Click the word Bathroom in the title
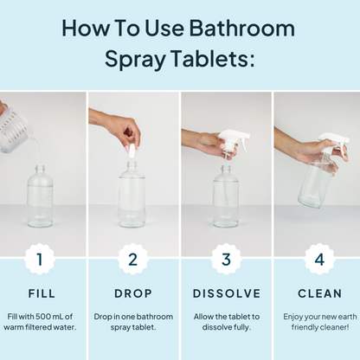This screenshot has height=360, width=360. coord(242,28)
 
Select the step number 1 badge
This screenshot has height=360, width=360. coord(40,259)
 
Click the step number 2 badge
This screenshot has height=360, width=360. coord(132,259)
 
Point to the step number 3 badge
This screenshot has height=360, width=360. coord(226,259)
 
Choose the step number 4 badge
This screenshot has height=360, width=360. coord(319,259)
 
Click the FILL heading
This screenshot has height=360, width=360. coord(42,293)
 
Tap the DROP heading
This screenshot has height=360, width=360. coord(133,293)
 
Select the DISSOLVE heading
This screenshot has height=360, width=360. coord(227,293)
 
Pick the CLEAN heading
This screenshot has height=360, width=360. coord(319,293)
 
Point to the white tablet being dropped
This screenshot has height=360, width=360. coord(132,151)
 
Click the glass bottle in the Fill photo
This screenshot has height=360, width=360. coord(40,196)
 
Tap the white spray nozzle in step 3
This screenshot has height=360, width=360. coord(235,145)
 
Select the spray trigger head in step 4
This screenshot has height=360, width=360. coord(335,145)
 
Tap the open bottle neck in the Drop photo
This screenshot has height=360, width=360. coord(132,166)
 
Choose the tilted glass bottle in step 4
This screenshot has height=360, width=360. coord(315,182)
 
